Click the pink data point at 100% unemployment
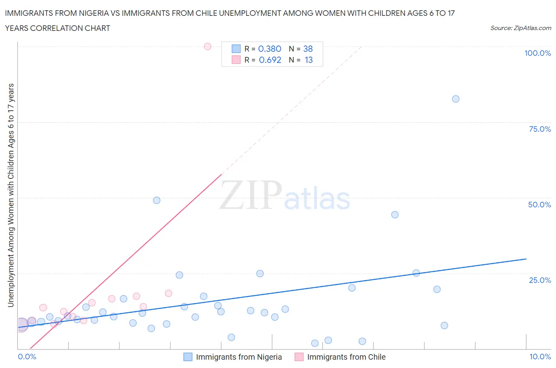click(208, 46)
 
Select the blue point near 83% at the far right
click(456, 99)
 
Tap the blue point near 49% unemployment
click(157, 200)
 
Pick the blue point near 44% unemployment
click(395, 214)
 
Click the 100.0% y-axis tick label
click(537, 53)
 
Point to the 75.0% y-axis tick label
click(540, 129)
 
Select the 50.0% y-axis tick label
click(539, 205)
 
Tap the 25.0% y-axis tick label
click(540, 280)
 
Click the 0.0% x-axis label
click(27, 357)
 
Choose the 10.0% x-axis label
click(540, 357)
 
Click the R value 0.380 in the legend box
click(270, 49)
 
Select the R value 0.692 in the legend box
click(270, 60)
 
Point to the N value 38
click(308, 49)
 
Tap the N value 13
click(308, 60)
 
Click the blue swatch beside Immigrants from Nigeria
click(188, 357)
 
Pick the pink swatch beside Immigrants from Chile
click(299, 357)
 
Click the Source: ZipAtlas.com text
click(520, 28)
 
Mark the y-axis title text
click(11, 195)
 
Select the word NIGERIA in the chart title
click(91, 13)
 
